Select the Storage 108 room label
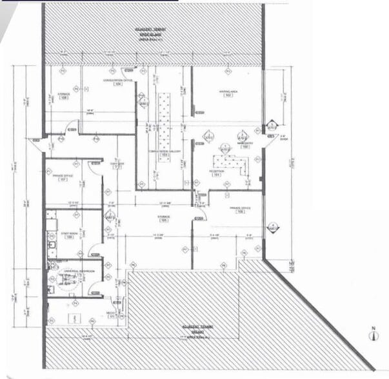point(64,97)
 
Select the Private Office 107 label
point(63,177)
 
